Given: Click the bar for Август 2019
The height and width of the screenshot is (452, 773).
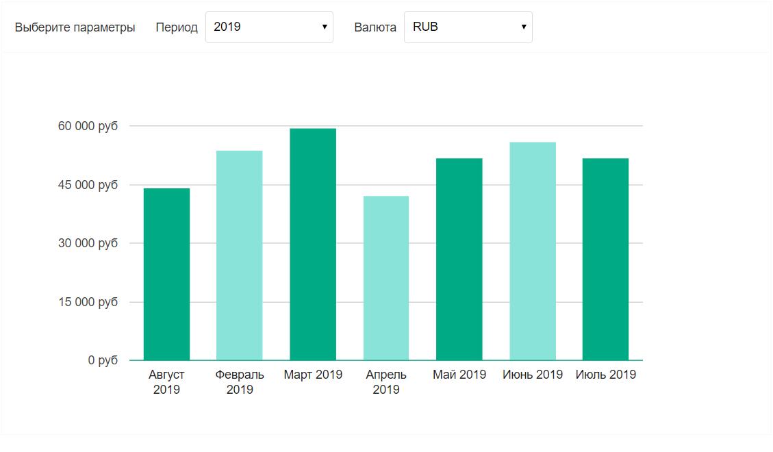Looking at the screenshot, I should [x=166, y=274].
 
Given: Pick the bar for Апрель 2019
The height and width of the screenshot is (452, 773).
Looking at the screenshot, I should [x=386, y=278].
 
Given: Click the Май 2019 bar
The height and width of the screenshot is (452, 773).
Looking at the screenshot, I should [x=459, y=259].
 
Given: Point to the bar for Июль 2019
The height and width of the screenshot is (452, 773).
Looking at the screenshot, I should [x=605, y=259].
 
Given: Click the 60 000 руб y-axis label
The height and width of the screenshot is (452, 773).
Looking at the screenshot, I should [x=88, y=126].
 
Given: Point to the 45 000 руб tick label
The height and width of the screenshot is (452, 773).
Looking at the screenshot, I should [x=88, y=185].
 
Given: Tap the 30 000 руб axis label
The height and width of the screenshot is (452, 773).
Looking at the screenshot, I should [x=88, y=243].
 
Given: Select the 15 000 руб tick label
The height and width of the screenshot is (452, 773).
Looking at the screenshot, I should [x=88, y=302].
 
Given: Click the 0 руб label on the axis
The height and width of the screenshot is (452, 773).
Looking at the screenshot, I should [x=103, y=360].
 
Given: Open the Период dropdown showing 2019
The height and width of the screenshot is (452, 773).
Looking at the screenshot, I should [x=269, y=27].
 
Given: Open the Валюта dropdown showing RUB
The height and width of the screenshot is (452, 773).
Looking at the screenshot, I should [x=468, y=27].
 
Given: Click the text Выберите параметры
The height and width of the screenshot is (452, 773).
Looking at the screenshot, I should [x=75, y=27].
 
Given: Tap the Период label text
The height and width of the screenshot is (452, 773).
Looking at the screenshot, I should [x=177, y=27].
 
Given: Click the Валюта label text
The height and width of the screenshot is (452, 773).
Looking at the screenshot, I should [x=375, y=27].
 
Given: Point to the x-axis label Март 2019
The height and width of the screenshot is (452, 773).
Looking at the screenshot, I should [x=313, y=375].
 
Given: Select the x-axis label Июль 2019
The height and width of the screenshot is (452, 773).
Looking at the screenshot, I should [x=605, y=375].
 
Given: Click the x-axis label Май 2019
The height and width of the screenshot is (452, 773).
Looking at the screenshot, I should [x=459, y=375].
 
